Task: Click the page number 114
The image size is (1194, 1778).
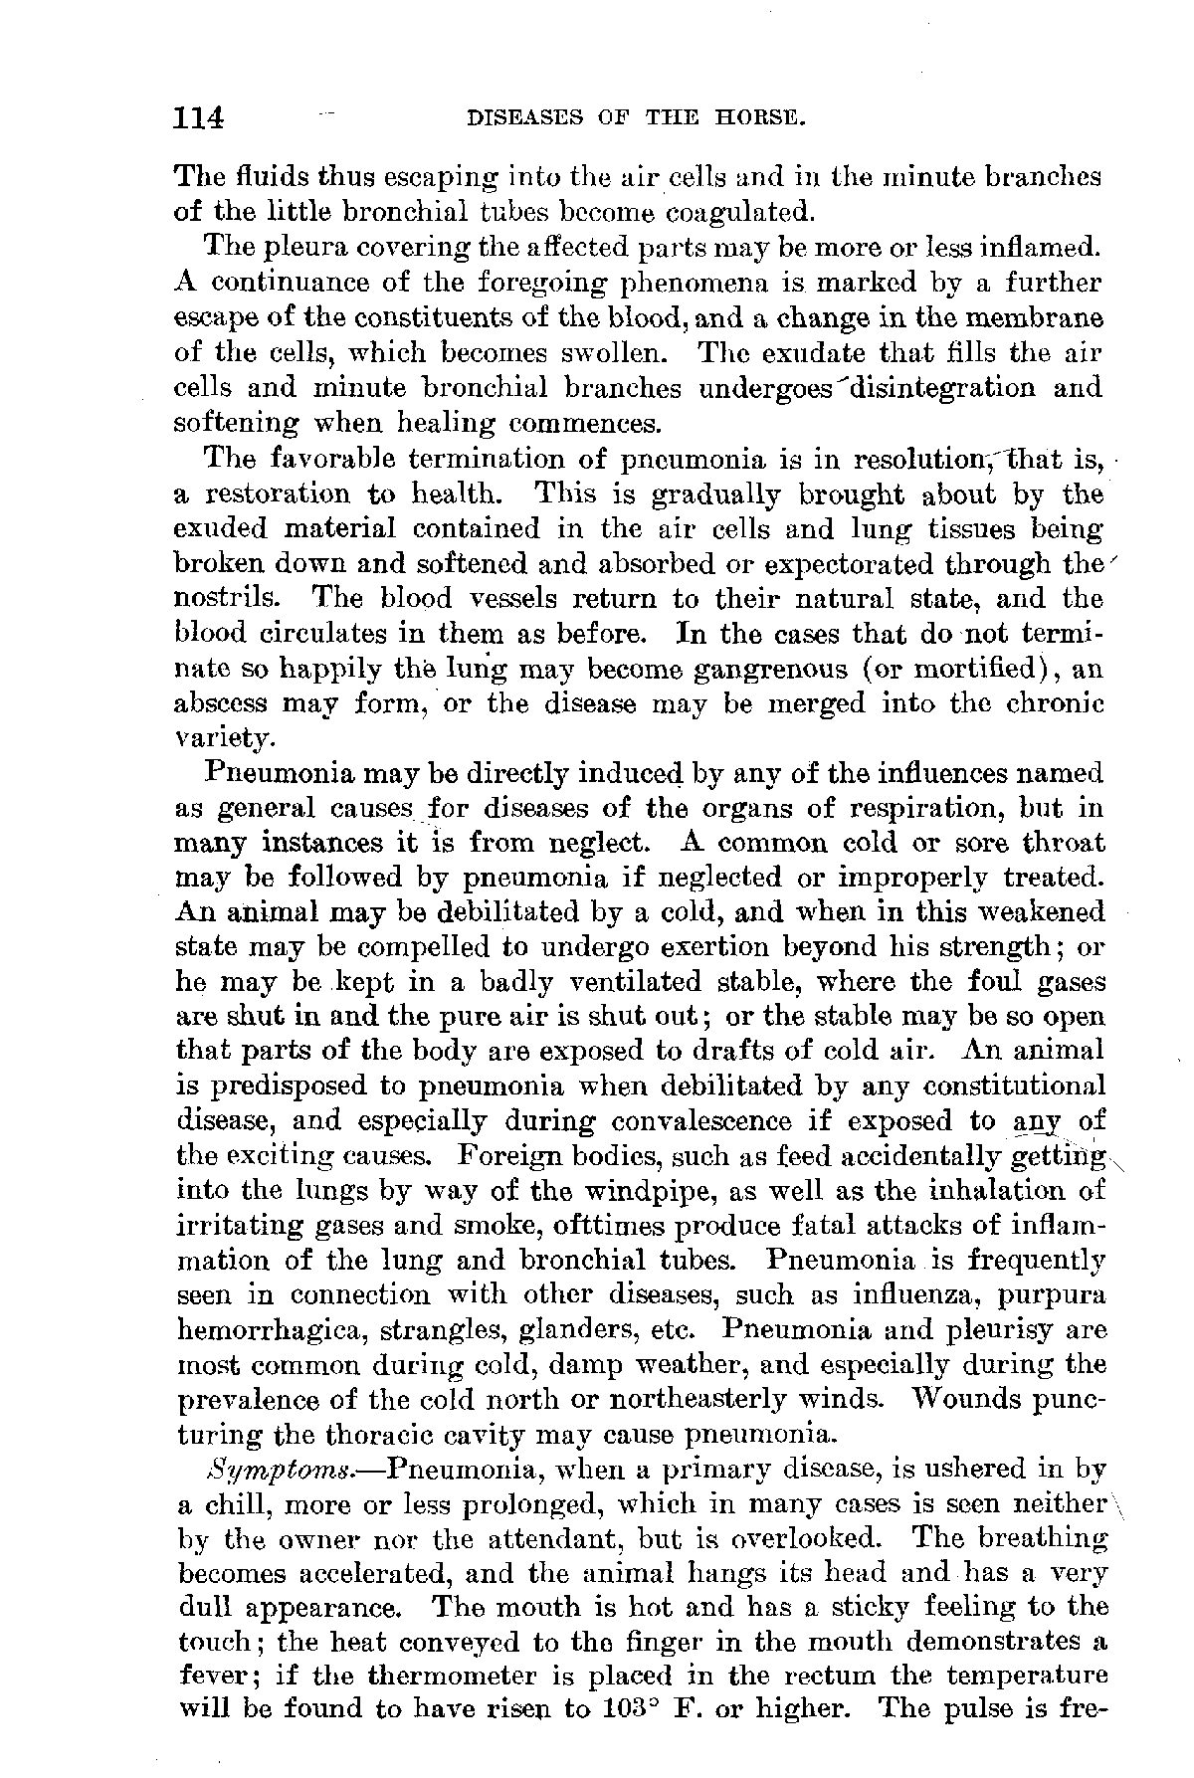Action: tap(200, 118)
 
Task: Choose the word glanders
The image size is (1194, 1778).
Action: tap(583, 1330)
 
